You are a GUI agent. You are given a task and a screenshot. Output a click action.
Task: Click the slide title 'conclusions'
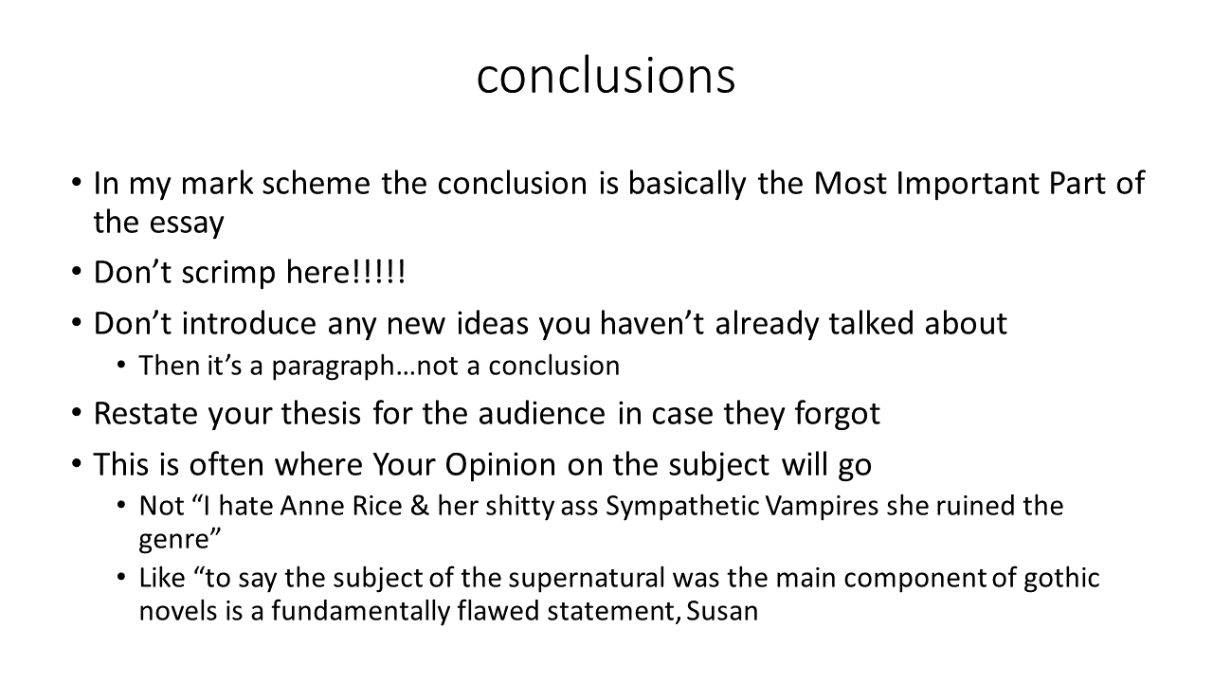point(606,76)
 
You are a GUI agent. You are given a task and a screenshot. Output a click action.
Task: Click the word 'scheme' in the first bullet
point(316,183)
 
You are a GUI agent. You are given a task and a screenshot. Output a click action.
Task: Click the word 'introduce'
point(248,323)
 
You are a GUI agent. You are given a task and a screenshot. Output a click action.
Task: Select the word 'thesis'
point(320,414)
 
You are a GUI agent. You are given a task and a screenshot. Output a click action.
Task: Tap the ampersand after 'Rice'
point(420,507)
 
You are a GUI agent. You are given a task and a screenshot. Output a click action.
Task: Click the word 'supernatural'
point(586,579)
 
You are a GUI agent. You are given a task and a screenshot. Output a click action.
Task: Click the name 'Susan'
point(722,612)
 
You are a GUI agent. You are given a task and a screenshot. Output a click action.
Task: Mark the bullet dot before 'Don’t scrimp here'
point(77,271)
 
